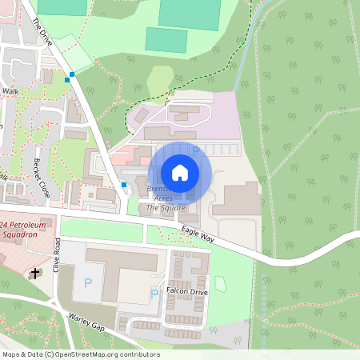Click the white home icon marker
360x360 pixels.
[x=180, y=173]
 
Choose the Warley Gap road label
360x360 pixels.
[x=86, y=322]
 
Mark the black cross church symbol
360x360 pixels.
[x=34, y=274]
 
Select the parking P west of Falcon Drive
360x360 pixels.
[x=154, y=294]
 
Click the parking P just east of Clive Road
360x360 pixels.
[x=87, y=284]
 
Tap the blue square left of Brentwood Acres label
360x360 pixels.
[x=124, y=185]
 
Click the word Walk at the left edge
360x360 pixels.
[x=10, y=92]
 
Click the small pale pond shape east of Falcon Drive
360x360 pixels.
[x=221, y=283]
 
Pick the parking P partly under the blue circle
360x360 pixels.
[x=194, y=150]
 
